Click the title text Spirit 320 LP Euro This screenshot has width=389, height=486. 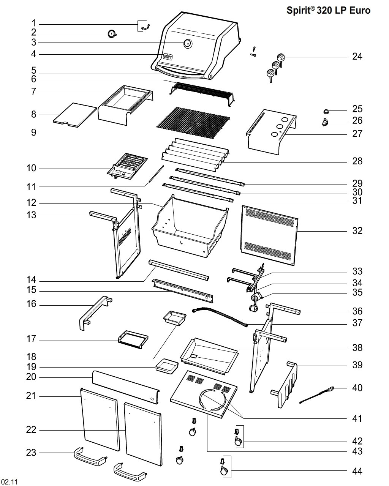(x=328, y=11)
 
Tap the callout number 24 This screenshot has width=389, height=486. (x=357, y=57)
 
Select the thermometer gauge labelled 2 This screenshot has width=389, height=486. (x=111, y=34)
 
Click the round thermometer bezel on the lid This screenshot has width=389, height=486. (x=188, y=43)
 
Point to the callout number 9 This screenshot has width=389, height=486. (x=33, y=133)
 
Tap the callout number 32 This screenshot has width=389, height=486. (x=357, y=230)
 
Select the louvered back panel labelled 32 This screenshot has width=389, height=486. (x=270, y=235)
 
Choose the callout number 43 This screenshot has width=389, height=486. (x=357, y=451)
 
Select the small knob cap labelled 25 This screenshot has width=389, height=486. (x=326, y=111)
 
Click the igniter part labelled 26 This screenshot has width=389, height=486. (x=325, y=122)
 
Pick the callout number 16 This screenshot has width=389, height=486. (x=31, y=304)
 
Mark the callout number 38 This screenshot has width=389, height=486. (x=357, y=348)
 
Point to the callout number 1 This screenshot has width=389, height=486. (x=33, y=23)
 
